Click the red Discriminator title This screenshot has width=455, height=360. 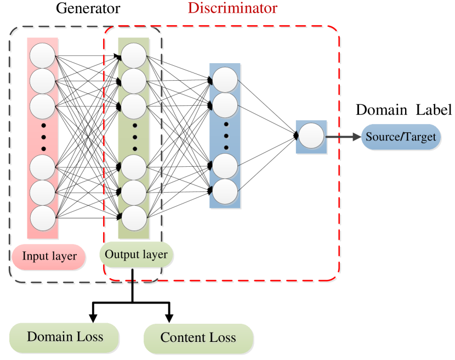tap(232, 8)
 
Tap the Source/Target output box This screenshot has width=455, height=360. tap(401, 137)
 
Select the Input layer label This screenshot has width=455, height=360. tap(49, 256)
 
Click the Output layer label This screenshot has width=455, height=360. tap(136, 255)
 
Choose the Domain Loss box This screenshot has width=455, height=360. tap(65, 336)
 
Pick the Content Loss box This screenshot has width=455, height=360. tap(198, 338)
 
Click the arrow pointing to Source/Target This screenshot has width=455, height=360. tap(343, 137)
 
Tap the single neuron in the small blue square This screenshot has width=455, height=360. tap(311, 137)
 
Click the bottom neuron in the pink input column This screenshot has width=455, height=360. tap(42, 218)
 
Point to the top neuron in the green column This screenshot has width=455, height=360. tap(134, 55)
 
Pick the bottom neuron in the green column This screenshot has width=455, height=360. tap(134, 218)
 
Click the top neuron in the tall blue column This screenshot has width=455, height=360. tap(225, 81)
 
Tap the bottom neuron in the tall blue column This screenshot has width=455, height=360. tap(225, 192)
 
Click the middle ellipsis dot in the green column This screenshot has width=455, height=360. tap(135, 136)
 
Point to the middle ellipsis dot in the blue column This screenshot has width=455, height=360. tap(225, 136)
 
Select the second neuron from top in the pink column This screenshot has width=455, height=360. tap(42, 81)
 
